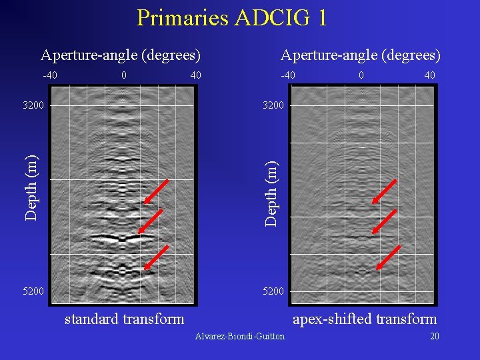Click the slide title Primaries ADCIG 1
(231, 18)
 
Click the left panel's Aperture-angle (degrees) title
(121, 55)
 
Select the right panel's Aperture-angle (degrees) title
(361, 55)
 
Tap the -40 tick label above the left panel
(50, 75)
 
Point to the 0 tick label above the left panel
(124, 75)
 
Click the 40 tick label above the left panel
(195, 75)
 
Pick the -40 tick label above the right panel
(288, 75)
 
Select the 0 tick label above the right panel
(361, 75)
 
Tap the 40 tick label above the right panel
(429, 75)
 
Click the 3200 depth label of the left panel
(33, 105)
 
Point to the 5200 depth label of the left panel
(33, 291)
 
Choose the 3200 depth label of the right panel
(273, 105)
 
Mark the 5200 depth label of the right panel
(273, 291)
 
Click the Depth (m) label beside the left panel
(31, 187)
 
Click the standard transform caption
(124, 319)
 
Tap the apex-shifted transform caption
(365, 319)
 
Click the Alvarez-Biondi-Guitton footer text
(239, 336)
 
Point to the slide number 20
(434, 336)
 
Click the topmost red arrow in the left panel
(157, 191)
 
